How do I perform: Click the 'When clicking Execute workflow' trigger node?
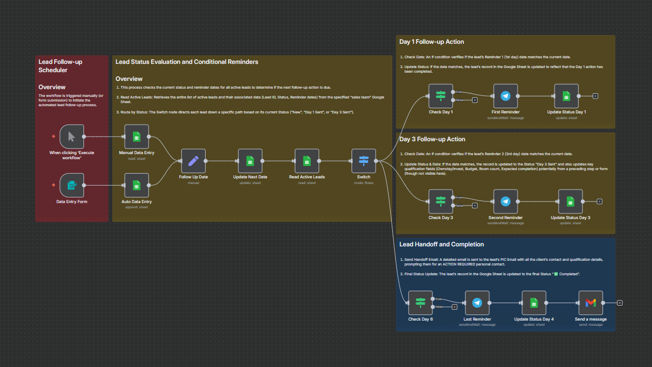coord(72,137)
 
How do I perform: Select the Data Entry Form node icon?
coord(72,185)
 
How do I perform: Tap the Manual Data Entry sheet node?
coord(137,137)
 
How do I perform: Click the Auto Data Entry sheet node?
coord(137,185)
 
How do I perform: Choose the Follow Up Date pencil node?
coord(193,161)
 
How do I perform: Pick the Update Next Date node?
coord(250,161)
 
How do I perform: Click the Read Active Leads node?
coord(307,161)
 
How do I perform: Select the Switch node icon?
coord(364,161)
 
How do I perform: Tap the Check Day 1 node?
coord(441,96)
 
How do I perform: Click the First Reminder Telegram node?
coord(505,96)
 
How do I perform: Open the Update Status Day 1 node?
coord(566,96)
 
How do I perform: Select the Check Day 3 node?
coord(441,202)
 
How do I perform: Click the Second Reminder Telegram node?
coord(505,202)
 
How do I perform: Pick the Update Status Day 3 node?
coord(570,202)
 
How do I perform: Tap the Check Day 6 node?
coord(421,303)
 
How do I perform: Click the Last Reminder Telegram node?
coord(477,303)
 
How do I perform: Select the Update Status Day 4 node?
coord(534,303)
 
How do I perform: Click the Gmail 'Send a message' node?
coord(591,303)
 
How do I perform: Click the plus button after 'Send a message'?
coord(620,303)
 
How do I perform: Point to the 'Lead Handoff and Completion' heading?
coord(442,244)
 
